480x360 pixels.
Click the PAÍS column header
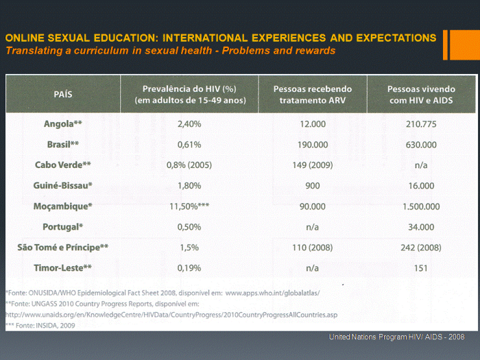pos(63,95)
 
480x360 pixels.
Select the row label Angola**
pos(63,124)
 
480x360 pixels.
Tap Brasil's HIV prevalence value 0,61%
pos(189,145)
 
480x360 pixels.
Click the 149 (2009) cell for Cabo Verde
pos(312,165)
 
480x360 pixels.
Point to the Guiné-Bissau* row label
pos(63,186)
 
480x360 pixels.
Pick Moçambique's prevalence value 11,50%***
pos(189,206)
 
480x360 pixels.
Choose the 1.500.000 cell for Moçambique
pos(421,206)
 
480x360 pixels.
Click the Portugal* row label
pos(63,227)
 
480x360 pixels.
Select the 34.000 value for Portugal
pos(421,227)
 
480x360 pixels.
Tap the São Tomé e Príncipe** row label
pos(63,248)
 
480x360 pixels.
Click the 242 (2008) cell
pos(421,248)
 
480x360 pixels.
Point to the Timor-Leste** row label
pos(63,268)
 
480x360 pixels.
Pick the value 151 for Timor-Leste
pos(421,268)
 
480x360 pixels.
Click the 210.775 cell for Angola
pos(421,124)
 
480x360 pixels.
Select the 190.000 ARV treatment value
pos(312,145)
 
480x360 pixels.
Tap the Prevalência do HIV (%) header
pos(189,95)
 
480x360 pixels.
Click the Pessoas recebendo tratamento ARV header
pos(312,95)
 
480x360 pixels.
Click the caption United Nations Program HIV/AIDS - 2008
pos(397,337)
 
